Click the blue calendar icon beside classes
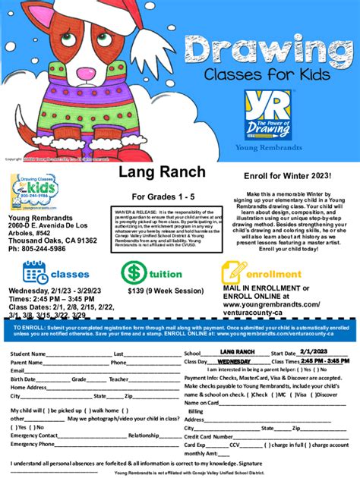coord(36,272)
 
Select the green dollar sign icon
coord(132,272)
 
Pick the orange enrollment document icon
coord(233,272)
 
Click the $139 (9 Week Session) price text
coord(155,290)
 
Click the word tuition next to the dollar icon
coord(164,272)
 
